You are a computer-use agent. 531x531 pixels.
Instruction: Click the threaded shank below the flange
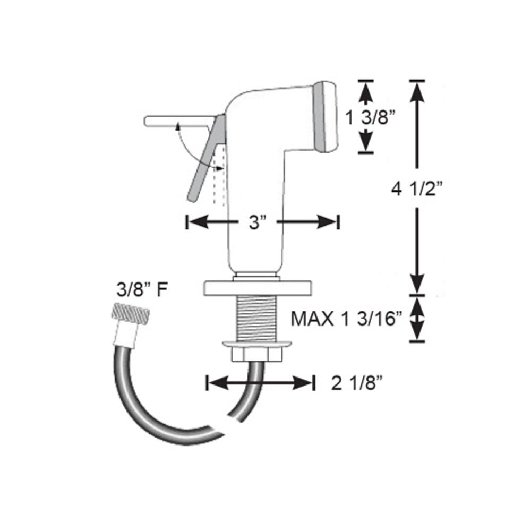[256, 318]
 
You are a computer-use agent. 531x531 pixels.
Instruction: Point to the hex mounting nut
[257, 352]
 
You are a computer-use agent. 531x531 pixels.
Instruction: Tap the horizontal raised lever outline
[175, 121]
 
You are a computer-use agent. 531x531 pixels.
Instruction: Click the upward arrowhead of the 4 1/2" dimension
[417, 93]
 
